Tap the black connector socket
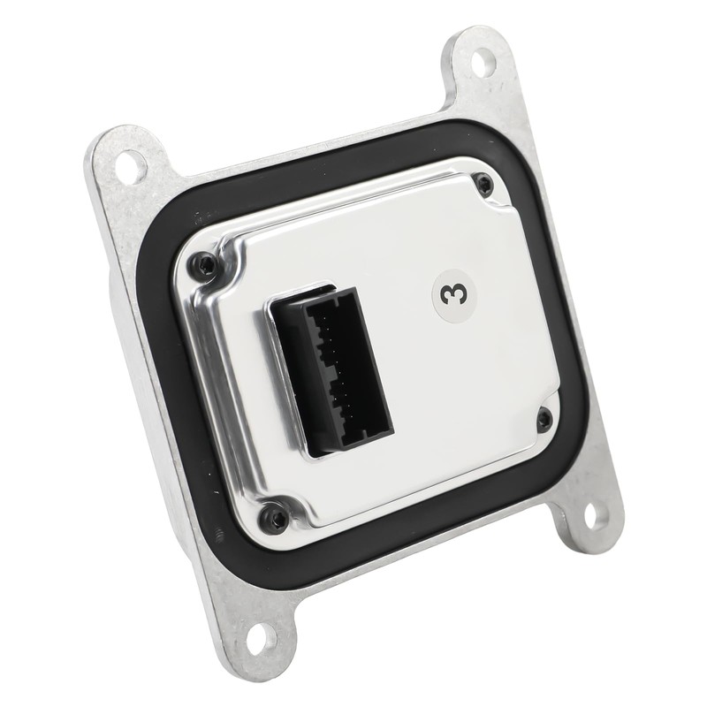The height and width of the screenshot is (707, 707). [x=331, y=372]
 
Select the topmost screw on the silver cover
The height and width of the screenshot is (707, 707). [x=484, y=183]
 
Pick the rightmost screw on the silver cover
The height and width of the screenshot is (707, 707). [x=544, y=418]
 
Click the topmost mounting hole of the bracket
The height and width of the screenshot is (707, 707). [x=483, y=61]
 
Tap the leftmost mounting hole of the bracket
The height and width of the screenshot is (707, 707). [x=129, y=164]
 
